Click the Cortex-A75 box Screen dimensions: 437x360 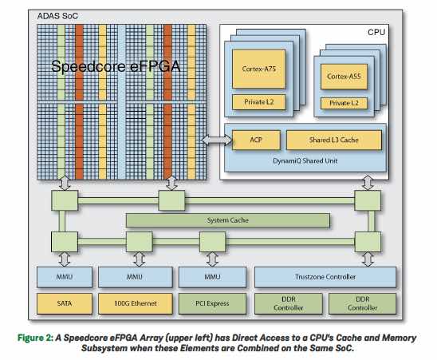(258, 69)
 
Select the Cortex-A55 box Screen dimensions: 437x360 (344, 77)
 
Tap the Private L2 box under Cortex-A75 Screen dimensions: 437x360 (258, 102)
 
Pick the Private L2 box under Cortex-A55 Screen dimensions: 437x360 (344, 103)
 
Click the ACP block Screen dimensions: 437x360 (256, 140)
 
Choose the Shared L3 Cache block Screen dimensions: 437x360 (333, 140)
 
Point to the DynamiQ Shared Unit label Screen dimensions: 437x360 (305, 161)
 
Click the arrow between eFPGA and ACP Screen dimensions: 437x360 (216, 140)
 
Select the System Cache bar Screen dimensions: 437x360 (228, 220)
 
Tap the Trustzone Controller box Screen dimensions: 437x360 (325, 277)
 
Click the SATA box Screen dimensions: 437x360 (65, 303)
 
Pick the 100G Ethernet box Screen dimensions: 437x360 (136, 303)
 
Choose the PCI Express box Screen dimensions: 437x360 (212, 303)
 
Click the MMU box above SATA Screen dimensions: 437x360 (65, 277)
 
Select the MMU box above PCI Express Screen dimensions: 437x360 (212, 277)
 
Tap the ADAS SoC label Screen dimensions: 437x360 (57, 16)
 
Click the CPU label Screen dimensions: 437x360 (376, 33)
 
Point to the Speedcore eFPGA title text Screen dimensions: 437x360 (116, 66)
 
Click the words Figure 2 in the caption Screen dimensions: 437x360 (35, 338)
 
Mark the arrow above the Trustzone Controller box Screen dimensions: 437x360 (368, 259)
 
